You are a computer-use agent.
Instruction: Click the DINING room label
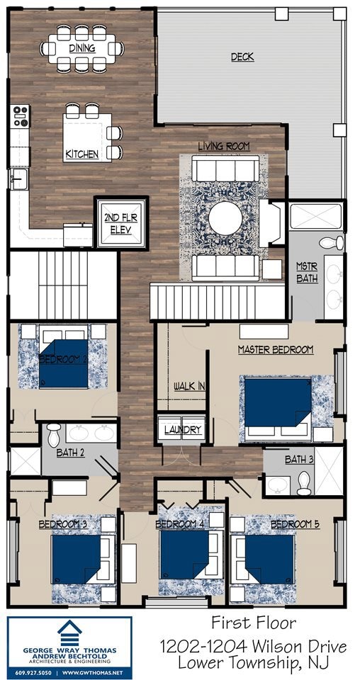82,48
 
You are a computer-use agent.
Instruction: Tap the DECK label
242,57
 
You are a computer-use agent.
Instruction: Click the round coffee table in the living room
225,217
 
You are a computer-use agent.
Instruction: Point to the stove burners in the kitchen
21,115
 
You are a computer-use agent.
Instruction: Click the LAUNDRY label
184,430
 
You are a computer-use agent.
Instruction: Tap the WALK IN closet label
190,386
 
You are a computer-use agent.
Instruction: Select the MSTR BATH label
307,273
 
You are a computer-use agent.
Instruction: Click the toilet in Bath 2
54,434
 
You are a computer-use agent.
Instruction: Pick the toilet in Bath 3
304,483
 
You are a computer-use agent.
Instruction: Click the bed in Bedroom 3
77,558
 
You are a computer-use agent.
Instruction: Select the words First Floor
254,623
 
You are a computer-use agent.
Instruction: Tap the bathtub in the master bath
315,216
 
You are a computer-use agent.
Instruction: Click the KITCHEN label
82,154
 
